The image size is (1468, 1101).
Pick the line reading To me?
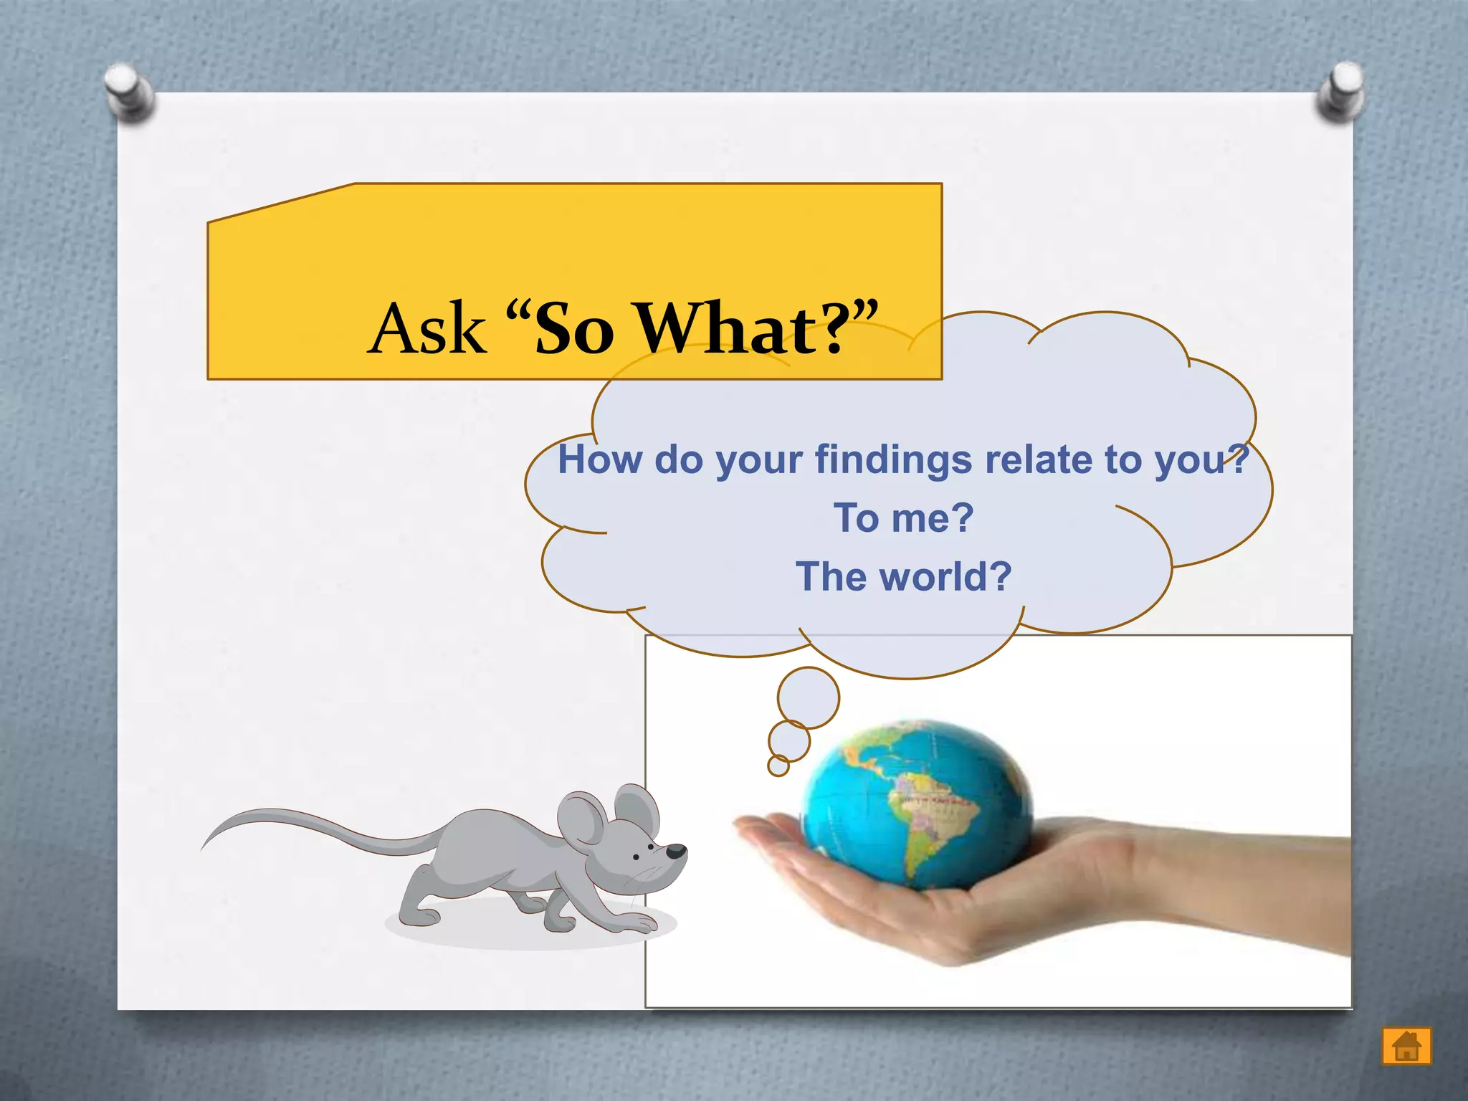pyautogui.click(x=903, y=518)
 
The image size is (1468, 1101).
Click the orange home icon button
pyautogui.click(x=1406, y=1046)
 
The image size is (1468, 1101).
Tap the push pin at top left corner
pyautogui.click(x=128, y=92)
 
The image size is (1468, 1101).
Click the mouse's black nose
pyautogui.click(x=677, y=852)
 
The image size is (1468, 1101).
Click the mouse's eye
pyautogui.click(x=651, y=847)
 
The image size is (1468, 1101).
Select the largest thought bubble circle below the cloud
pyautogui.click(x=808, y=697)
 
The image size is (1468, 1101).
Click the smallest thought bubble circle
pyautogui.click(x=778, y=766)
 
